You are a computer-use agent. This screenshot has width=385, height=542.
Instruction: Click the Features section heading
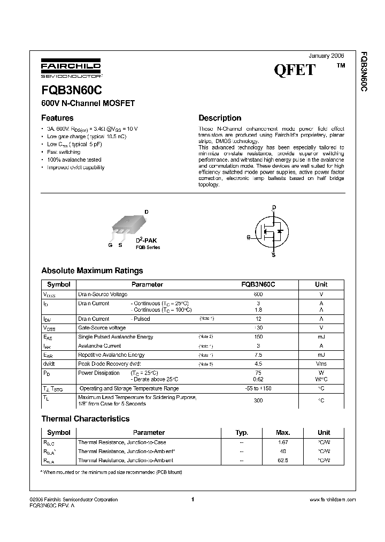(57, 118)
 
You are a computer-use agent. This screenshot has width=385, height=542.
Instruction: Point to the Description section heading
(220, 118)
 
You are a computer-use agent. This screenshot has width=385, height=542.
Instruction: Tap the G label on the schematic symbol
(249, 237)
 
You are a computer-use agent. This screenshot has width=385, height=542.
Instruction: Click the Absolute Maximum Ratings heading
(92, 270)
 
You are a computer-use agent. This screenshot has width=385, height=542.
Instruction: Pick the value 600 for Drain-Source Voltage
(258, 295)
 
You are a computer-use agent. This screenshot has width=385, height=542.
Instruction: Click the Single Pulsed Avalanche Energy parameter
(115, 336)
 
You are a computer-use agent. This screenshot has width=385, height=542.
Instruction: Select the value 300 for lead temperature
(258, 400)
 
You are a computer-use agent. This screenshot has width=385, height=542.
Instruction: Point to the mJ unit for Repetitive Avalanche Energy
(321, 355)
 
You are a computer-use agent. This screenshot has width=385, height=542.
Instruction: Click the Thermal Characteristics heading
(86, 419)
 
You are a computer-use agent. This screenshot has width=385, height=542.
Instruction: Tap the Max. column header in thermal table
(283, 432)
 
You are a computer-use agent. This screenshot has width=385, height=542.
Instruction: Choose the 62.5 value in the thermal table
(283, 460)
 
